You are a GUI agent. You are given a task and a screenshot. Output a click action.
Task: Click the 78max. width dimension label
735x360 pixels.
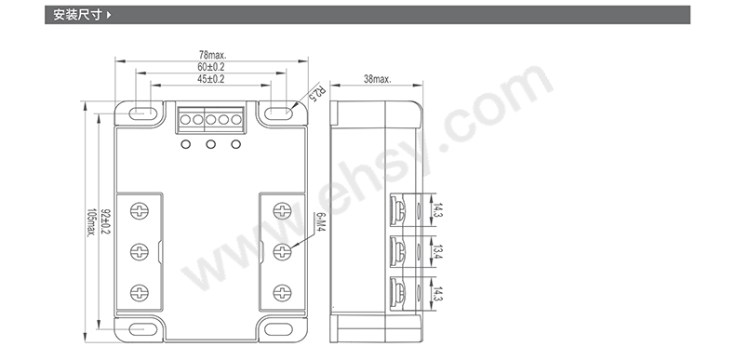pyautogui.click(x=212, y=55)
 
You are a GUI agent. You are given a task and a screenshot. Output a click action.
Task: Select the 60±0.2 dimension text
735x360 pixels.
pyautogui.click(x=211, y=67)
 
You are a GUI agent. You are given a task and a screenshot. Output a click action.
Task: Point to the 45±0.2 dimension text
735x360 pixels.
pyautogui.click(x=211, y=79)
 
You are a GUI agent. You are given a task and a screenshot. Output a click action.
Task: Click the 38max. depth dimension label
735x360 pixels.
pyautogui.click(x=378, y=79)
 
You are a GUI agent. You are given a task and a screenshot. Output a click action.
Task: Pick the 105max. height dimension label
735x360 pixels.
pyautogui.click(x=90, y=222)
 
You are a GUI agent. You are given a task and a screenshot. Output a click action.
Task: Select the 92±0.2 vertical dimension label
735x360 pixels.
pyautogui.click(x=104, y=221)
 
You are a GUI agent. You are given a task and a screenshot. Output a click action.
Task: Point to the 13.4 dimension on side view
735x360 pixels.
pyautogui.click(x=438, y=252)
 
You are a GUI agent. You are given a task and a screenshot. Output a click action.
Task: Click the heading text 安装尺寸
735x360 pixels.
pyautogui.click(x=77, y=15)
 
